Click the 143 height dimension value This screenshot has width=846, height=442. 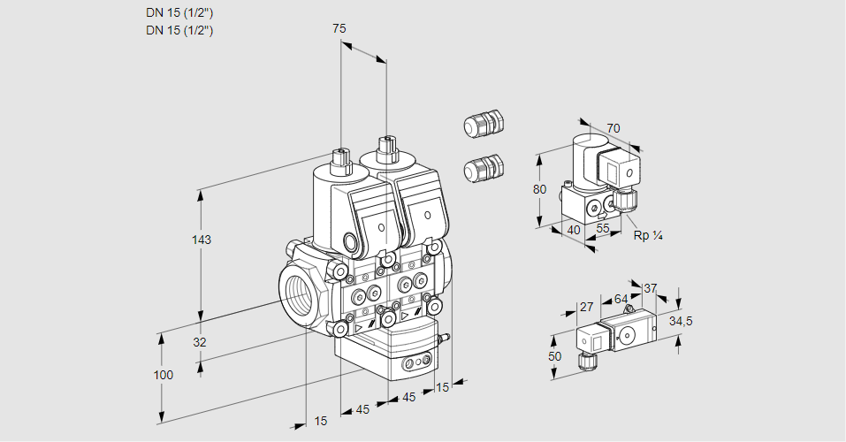point(202,240)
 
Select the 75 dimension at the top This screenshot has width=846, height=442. point(339,28)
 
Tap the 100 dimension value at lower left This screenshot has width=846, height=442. point(163,375)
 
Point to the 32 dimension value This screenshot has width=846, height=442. point(200,342)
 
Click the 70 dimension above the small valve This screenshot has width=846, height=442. point(614,128)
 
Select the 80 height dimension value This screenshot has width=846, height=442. point(541,188)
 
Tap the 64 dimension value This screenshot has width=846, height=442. point(621,299)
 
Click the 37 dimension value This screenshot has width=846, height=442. point(650,288)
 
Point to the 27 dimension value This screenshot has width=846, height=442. point(586,307)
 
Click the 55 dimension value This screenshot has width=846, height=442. point(604,228)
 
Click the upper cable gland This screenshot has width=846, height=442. point(483,124)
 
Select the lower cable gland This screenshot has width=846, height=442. point(483,167)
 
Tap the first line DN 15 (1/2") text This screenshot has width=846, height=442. point(179,13)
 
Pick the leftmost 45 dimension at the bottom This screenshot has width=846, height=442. point(362,409)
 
